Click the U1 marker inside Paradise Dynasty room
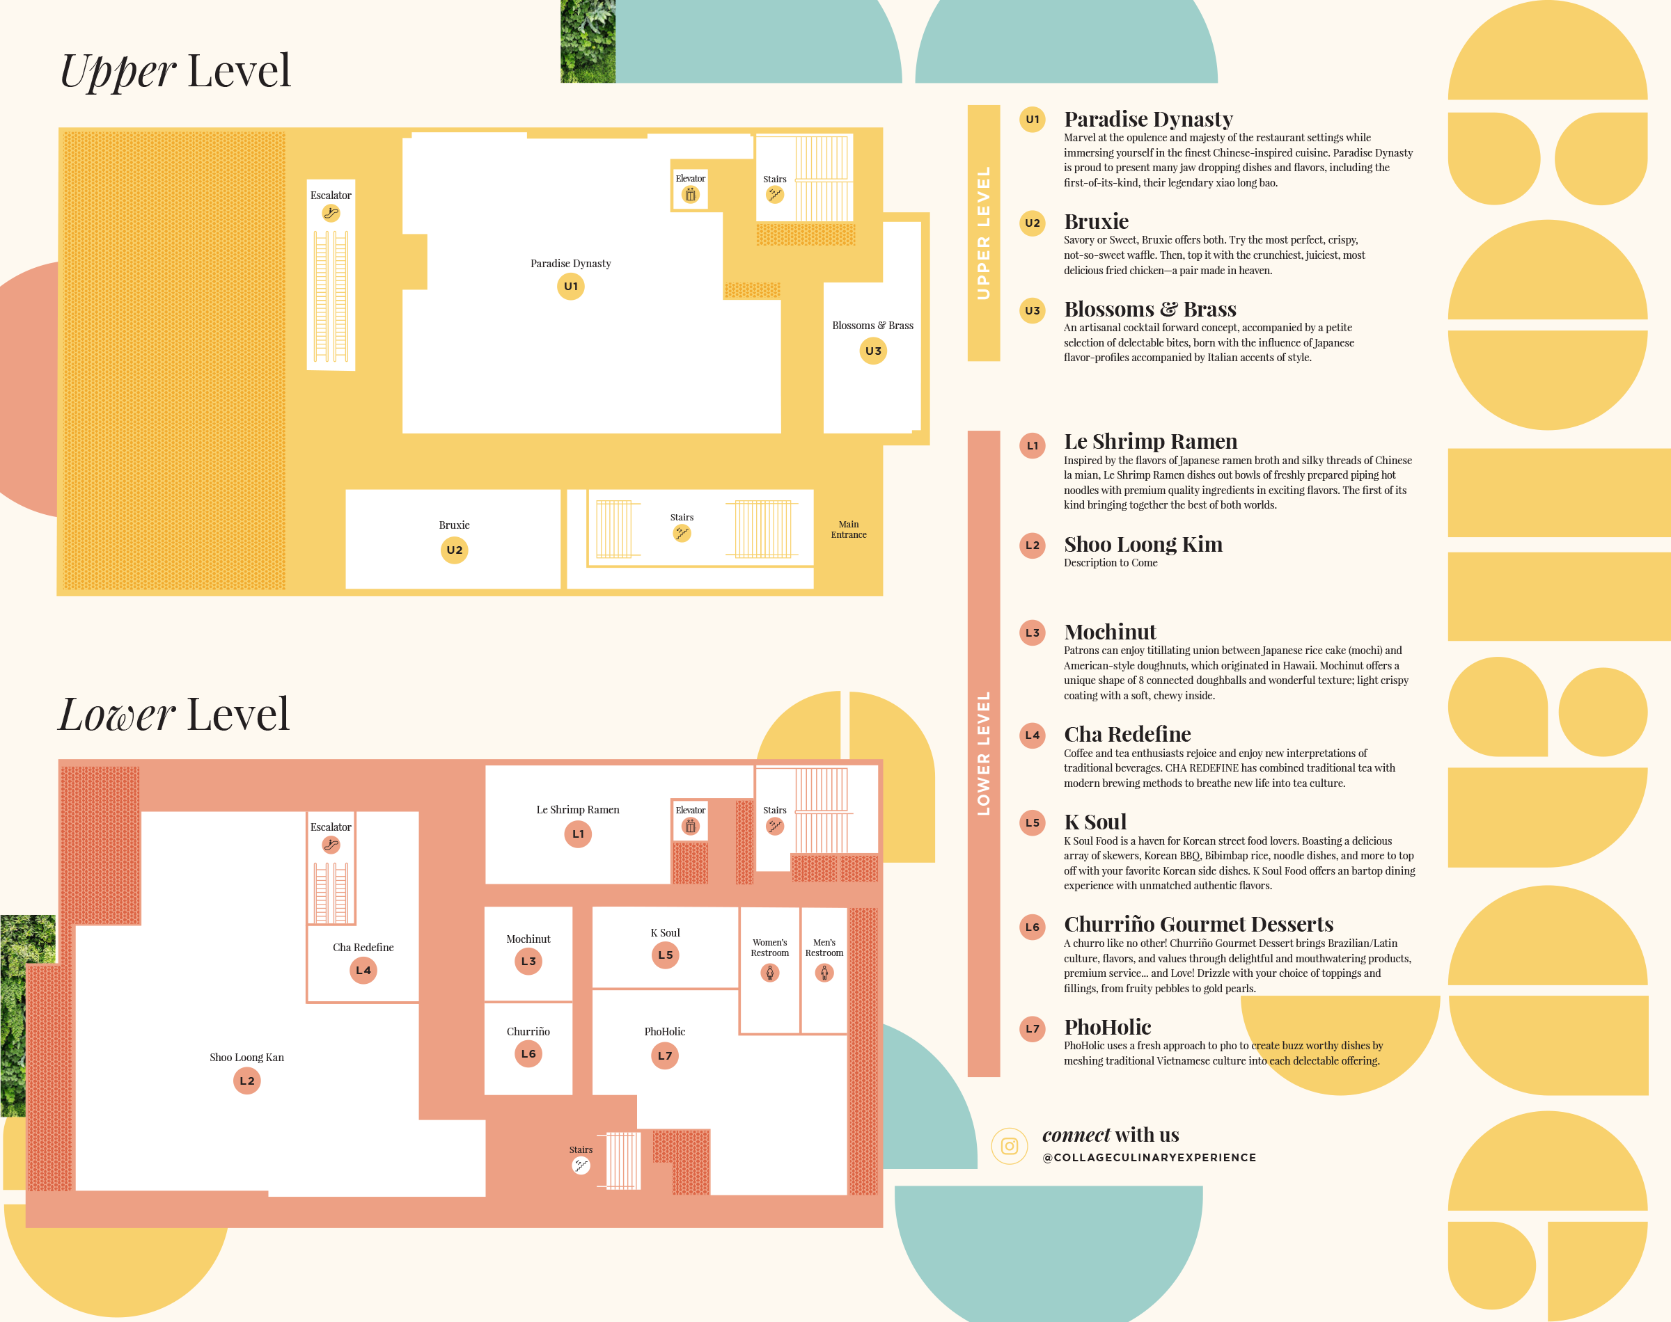[571, 287]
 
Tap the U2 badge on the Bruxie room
[455, 550]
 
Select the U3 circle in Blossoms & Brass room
[872, 351]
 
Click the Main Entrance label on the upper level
[849, 529]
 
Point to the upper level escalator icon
[331, 213]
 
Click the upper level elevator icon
[690, 195]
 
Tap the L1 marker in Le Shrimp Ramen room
[578, 834]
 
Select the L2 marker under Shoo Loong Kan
[247, 1081]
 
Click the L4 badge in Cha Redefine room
[363, 970]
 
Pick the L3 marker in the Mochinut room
[528, 962]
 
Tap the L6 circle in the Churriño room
[528, 1053]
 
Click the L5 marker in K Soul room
[665, 955]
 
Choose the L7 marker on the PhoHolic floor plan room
[664, 1056]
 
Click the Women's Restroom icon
[769, 973]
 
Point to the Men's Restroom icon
[824, 973]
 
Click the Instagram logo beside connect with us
[1009, 1145]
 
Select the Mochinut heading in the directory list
[1110, 632]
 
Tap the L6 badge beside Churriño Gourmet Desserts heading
[1032, 927]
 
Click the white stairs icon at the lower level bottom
[581, 1165]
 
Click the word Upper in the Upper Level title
[118, 72]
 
